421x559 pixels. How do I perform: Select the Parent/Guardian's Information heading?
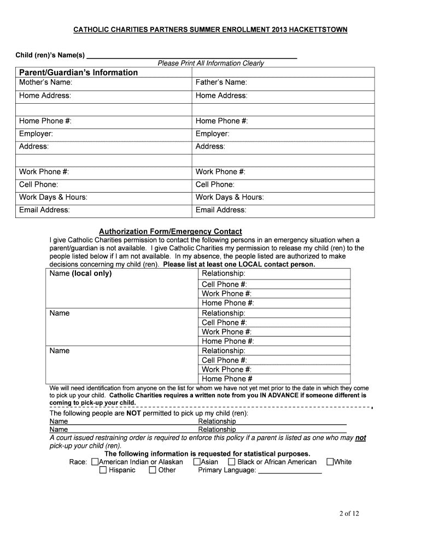(x=79, y=73)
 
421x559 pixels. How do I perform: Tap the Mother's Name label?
(x=46, y=82)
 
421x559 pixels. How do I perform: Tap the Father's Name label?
(x=221, y=82)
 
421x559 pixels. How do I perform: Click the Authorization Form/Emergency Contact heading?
(x=170, y=231)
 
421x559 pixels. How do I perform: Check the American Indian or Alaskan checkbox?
(x=95, y=462)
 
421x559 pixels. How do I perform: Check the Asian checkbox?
(x=197, y=462)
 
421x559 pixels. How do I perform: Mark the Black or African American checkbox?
(x=232, y=462)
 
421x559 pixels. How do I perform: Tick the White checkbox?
(x=330, y=462)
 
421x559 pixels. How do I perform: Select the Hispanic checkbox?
(x=103, y=470)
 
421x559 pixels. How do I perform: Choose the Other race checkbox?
(x=153, y=470)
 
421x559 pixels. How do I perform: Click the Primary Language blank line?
(x=290, y=471)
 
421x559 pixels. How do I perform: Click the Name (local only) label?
(x=80, y=273)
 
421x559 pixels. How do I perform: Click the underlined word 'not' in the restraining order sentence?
(x=360, y=438)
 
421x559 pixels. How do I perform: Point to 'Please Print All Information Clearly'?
(x=210, y=63)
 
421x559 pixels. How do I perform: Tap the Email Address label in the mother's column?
(x=44, y=210)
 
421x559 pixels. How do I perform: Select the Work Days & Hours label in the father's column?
(x=230, y=197)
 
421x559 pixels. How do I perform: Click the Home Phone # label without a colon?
(x=227, y=379)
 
